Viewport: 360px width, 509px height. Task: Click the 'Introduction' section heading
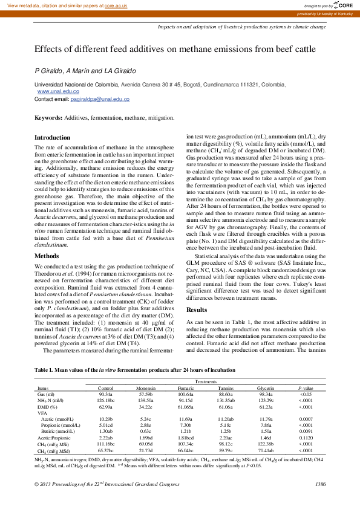click(52, 138)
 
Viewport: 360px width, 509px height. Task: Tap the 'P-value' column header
click(306, 388)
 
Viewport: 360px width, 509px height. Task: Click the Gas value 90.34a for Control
click(106, 394)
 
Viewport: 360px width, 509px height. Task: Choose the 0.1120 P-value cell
click(306, 437)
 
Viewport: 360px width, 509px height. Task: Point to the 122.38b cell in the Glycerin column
click(266, 444)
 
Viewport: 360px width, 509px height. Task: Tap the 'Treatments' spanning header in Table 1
click(205, 382)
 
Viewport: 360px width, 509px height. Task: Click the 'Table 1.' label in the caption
click(45, 369)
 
